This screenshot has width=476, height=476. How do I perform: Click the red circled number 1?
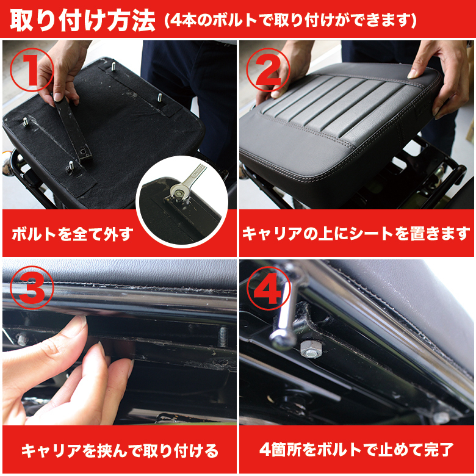32,70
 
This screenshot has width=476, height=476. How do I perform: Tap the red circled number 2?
268,70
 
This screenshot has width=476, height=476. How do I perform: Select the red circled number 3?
32,287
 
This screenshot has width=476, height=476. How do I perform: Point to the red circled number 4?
268,288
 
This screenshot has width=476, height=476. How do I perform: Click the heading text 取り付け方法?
82,21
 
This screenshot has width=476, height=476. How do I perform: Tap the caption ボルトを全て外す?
73,234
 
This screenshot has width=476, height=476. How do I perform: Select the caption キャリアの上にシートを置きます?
356,234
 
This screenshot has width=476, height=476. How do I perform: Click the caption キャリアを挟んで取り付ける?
120,451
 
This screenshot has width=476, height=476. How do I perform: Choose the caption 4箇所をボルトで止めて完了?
357,450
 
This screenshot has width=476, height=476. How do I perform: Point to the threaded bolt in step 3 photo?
223,337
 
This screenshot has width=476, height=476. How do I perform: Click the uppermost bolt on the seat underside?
114,65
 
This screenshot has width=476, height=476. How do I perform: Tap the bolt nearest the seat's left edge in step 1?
26,121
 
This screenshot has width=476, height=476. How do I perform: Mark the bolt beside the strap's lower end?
71,166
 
